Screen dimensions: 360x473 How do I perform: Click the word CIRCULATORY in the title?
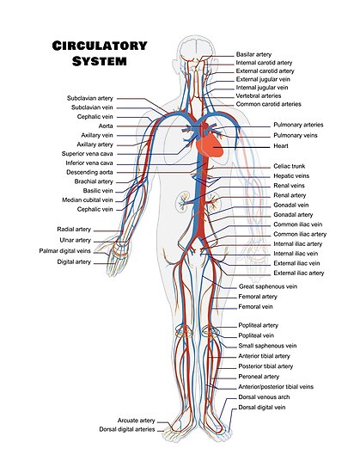(x=100, y=46)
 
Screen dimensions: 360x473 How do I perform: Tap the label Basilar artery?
(x=253, y=54)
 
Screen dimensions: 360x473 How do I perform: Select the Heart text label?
(x=281, y=146)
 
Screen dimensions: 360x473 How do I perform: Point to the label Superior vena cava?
(x=88, y=154)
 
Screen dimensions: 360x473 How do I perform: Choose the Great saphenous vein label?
(x=268, y=286)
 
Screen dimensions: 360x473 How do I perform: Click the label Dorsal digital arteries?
(x=127, y=429)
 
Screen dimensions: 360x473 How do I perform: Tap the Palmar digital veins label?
(x=64, y=251)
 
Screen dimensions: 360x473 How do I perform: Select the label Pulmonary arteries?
(x=298, y=125)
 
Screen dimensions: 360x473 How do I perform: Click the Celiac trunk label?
(x=290, y=166)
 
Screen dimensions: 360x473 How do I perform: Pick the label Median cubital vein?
(x=88, y=200)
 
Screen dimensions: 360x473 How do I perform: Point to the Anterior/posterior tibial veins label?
(x=276, y=387)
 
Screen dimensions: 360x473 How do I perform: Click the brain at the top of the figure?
(x=196, y=49)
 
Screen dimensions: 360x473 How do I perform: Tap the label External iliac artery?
(x=299, y=273)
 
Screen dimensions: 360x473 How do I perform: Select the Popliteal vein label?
(x=256, y=335)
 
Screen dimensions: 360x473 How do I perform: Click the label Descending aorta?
(x=89, y=172)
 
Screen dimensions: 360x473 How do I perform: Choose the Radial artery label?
(x=74, y=230)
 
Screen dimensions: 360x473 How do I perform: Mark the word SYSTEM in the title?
(x=100, y=61)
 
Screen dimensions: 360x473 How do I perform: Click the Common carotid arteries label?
(x=268, y=104)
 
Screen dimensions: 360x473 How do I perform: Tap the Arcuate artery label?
(x=136, y=421)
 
